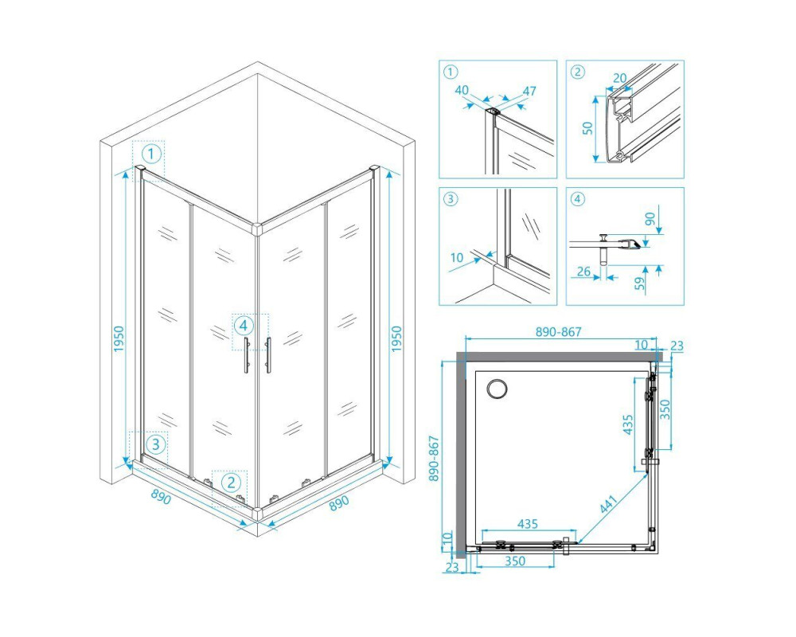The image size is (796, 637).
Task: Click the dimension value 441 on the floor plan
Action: pyautogui.click(x=609, y=504)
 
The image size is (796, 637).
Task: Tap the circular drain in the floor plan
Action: pyautogui.click(x=497, y=389)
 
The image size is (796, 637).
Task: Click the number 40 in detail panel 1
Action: pyautogui.click(x=462, y=91)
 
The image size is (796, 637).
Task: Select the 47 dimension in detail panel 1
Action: pyautogui.click(x=529, y=92)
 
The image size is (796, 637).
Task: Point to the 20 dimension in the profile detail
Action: pyautogui.click(x=619, y=78)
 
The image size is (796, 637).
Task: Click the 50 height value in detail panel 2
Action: pyautogui.click(x=587, y=127)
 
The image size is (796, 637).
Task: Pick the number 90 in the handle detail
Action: pyautogui.click(x=650, y=219)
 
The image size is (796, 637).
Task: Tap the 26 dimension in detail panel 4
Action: pyautogui.click(x=583, y=272)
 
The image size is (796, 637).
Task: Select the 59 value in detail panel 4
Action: pyautogui.click(x=641, y=283)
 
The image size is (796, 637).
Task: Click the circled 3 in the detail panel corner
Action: pyautogui.click(x=451, y=198)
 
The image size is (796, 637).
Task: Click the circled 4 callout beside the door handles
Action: pyautogui.click(x=244, y=325)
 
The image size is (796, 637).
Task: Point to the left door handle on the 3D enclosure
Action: pyautogui.click(x=247, y=355)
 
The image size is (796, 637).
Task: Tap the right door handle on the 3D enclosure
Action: pyautogui.click(x=268, y=355)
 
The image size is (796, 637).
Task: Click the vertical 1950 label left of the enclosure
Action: pyautogui.click(x=119, y=339)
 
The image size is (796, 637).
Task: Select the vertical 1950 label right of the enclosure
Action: pyautogui.click(x=396, y=339)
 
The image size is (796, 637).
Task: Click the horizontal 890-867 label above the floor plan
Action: pyautogui.click(x=559, y=332)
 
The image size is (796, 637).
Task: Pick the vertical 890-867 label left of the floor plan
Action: pyautogui.click(x=435, y=459)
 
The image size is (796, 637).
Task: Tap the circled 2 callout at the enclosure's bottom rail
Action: pyautogui.click(x=231, y=482)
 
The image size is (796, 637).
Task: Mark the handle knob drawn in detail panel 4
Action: pyautogui.click(x=603, y=249)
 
